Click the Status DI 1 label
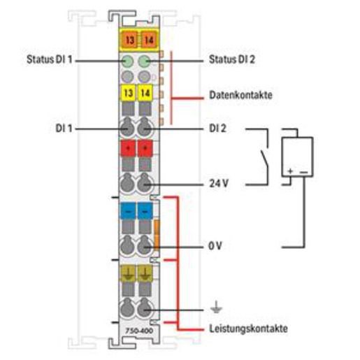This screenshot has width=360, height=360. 50,59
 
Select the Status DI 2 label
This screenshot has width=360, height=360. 232,59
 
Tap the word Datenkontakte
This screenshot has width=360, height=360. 240,95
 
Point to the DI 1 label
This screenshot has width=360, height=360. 64,129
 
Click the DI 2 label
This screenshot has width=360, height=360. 217,129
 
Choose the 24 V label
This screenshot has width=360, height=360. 219,184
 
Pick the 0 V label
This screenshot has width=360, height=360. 215,246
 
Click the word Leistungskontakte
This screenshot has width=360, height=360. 248,329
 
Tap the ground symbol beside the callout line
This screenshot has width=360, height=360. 216,307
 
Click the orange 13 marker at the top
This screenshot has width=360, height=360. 130,40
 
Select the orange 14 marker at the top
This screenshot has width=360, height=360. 149,40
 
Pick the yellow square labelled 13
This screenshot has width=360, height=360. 129,93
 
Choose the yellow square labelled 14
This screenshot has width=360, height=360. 145,93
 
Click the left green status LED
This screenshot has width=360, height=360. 128,62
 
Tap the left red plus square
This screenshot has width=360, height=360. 128,148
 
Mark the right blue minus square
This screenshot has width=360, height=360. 145,211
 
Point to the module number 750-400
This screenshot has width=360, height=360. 139,331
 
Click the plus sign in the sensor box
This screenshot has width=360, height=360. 290,171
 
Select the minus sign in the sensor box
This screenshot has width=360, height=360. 304,172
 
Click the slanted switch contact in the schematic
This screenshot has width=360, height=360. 264,158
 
